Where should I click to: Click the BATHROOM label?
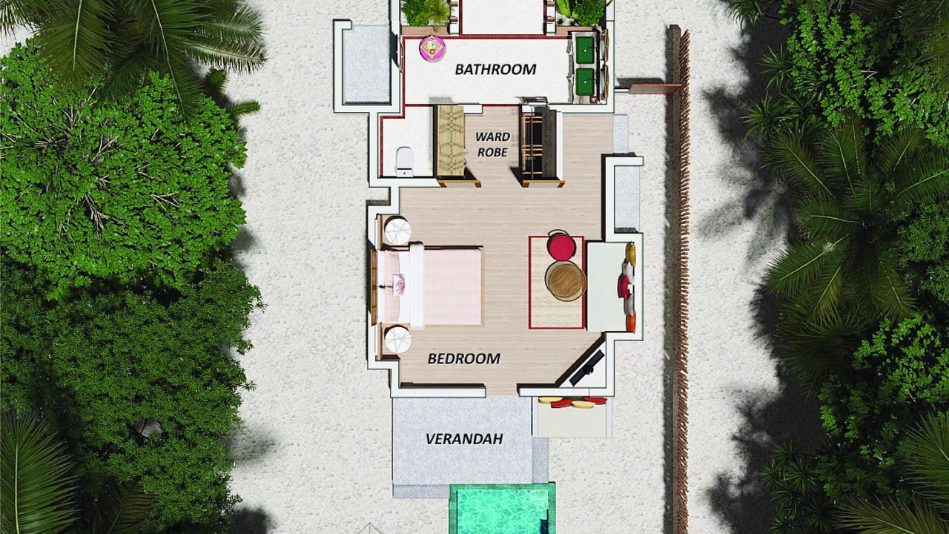coord(495,69)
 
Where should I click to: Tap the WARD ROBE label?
coord(492,145)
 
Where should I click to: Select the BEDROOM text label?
coord(464,358)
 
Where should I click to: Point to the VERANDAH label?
coord(464,439)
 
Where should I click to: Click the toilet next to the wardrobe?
coord(405,161)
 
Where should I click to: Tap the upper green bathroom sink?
coord(585,46)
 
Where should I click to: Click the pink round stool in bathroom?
coord(432,48)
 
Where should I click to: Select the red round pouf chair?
coord(561,245)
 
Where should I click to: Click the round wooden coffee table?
coord(566,280)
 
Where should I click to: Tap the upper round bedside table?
coord(398,231)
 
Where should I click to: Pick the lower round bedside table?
coord(398,340)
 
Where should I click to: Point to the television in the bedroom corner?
coord(586,369)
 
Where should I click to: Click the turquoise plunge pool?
coord(502,509)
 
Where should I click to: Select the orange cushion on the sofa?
coord(631,323)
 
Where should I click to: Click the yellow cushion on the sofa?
coord(631,254)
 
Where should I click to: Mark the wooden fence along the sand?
coord(680,280)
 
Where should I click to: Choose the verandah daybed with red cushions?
coord(572,417)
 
